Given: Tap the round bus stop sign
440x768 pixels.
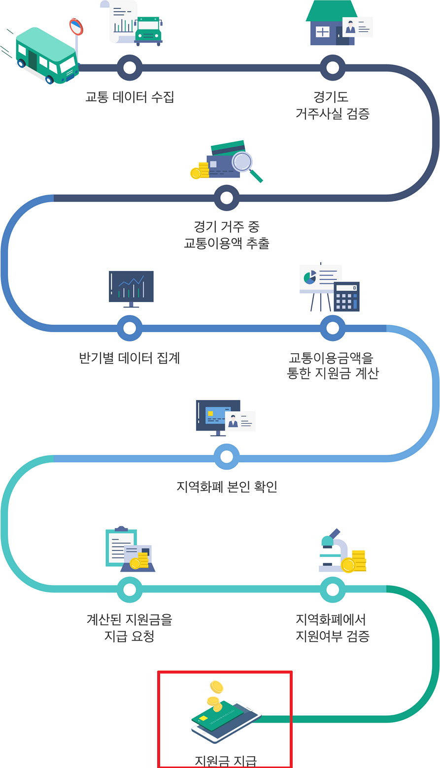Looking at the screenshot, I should [76, 26].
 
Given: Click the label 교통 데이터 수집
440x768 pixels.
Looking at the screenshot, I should [130, 97].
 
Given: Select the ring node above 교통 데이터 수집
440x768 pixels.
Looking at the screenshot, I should [130, 67].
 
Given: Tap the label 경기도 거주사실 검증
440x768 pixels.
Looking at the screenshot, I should [333, 105].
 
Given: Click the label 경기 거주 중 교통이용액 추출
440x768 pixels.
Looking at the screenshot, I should [227, 235].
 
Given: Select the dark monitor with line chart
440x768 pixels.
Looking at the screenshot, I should [131, 287].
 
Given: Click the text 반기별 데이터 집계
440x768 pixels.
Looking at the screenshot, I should [130, 357].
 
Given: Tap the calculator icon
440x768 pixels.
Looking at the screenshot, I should [346, 296].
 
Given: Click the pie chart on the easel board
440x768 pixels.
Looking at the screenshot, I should [310, 277].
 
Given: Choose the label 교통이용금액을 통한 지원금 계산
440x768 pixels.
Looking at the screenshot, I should [333, 365].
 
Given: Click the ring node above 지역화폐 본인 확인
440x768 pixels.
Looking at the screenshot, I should [227, 457].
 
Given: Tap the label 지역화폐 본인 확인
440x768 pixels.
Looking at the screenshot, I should [227, 487].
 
